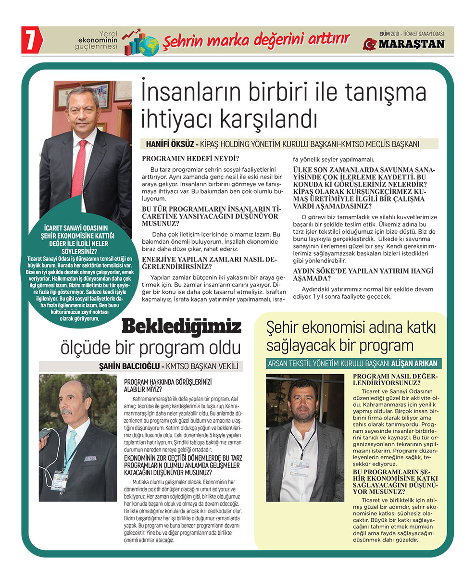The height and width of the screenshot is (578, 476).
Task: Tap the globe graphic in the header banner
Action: click(x=149, y=46)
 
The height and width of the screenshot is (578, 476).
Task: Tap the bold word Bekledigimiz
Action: click(x=181, y=327)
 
